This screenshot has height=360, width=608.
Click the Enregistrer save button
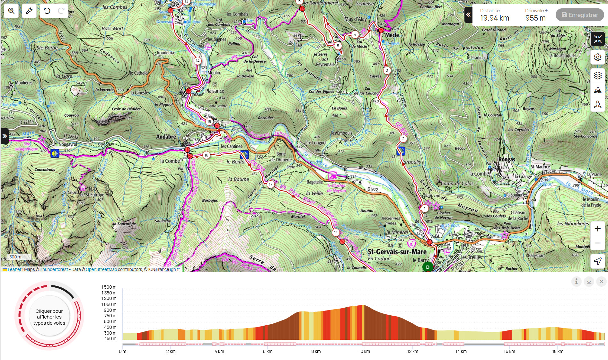[580, 15]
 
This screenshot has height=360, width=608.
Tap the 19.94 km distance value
[495, 18]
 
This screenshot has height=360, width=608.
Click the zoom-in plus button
[597, 229]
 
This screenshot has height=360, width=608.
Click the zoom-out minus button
[597, 243]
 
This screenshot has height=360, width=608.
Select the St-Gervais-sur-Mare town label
[397, 252]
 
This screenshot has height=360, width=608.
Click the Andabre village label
[166, 137]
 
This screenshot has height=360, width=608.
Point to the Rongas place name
[507, 159]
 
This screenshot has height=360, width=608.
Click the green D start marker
[427, 267]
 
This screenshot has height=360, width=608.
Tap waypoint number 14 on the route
[198, 61]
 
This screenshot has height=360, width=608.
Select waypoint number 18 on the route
[336, 232]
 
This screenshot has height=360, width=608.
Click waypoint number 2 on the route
[403, 139]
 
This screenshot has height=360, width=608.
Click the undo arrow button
[47, 11]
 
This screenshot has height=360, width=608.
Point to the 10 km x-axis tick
[364, 351]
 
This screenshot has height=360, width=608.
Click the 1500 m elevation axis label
[109, 287]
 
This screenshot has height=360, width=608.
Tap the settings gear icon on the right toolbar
[597, 57]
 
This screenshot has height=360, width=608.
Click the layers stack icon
[597, 76]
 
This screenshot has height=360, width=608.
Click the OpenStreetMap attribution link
[101, 269]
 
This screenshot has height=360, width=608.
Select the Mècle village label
[392, 35]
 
